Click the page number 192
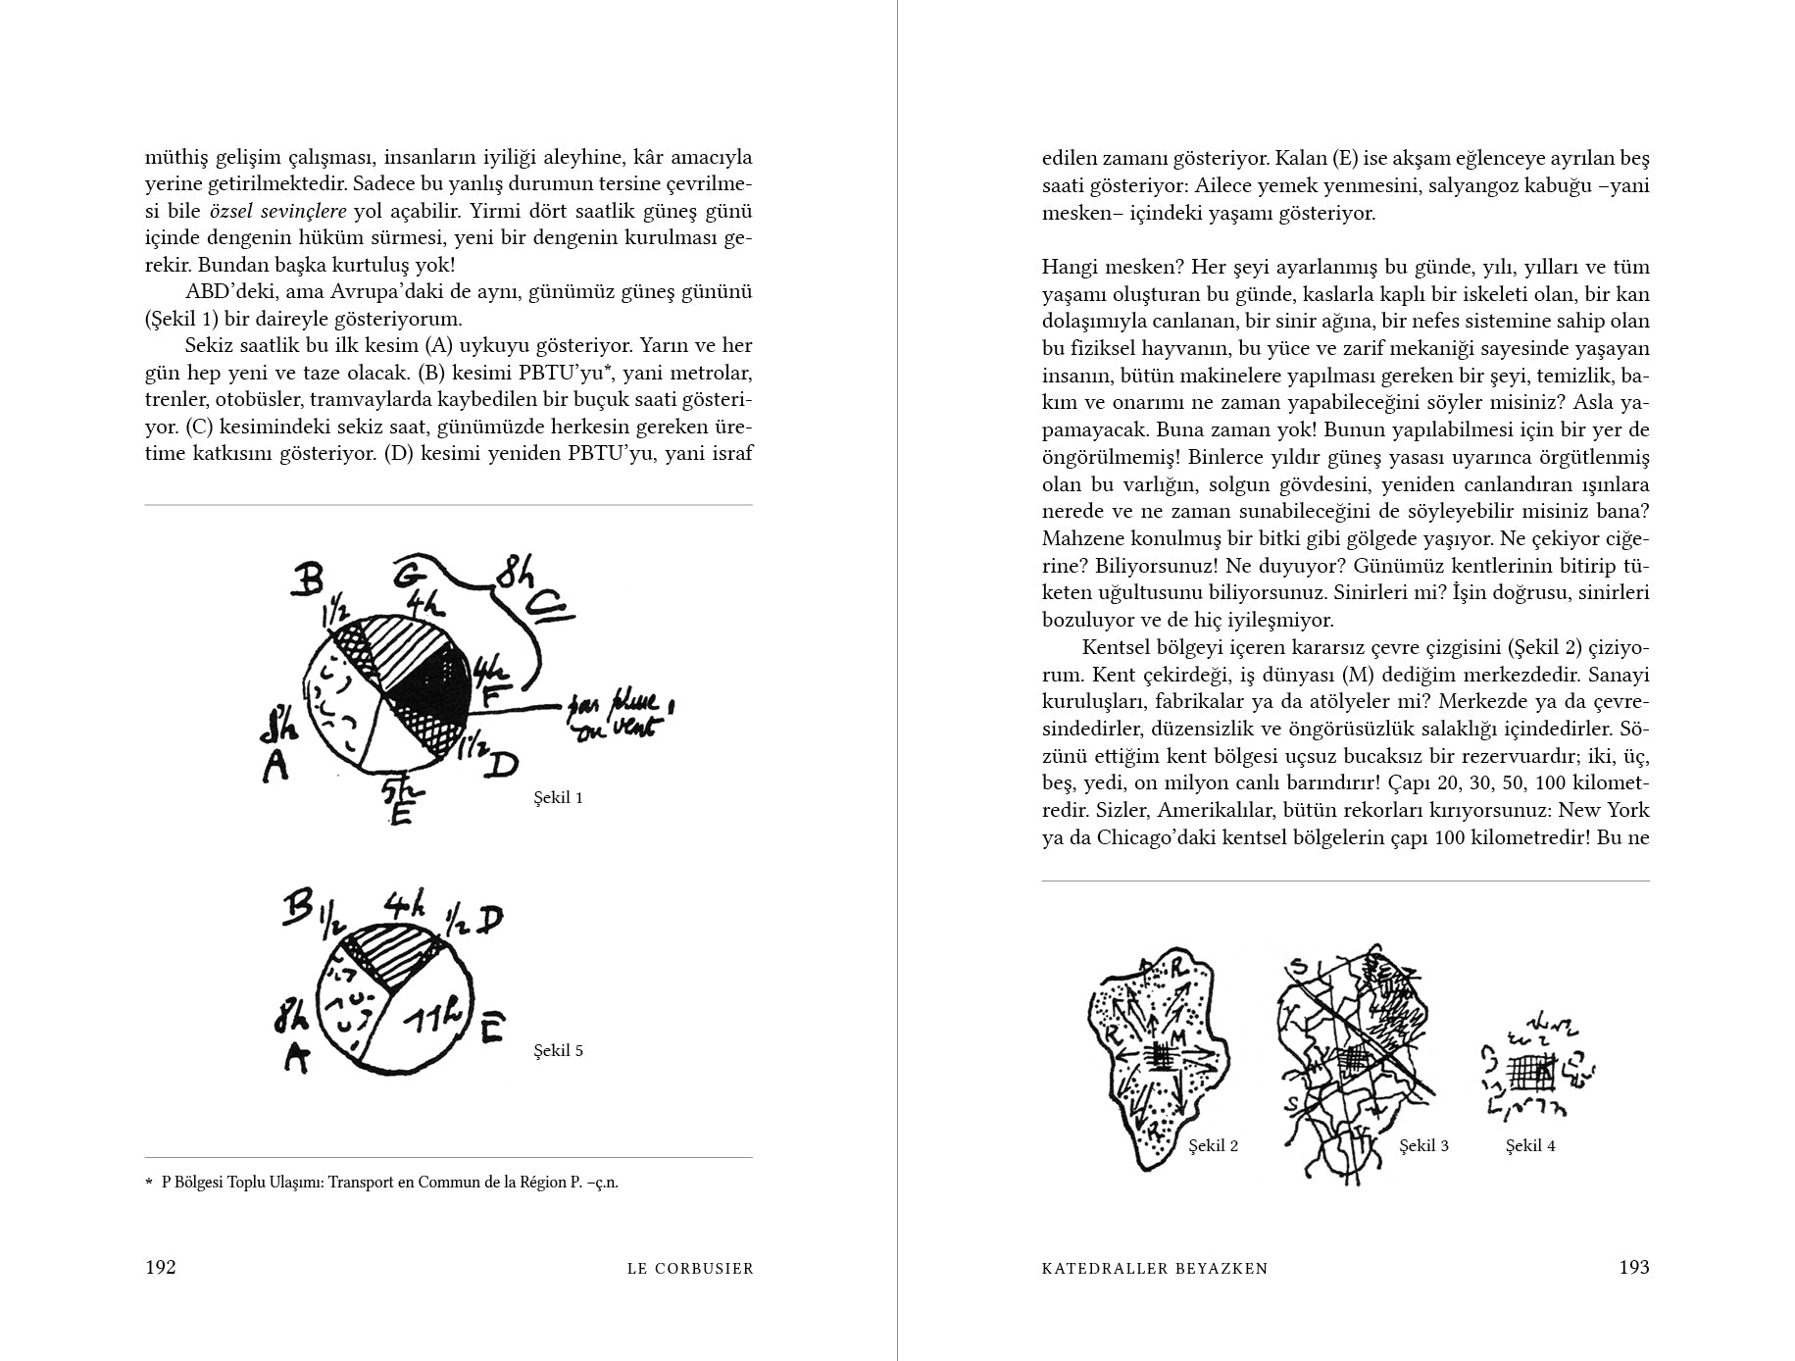click(x=161, y=1267)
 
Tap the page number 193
click(x=1633, y=1267)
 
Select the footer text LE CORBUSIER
click(x=690, y=1268)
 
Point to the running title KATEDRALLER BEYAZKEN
click(x=1155, y=1268)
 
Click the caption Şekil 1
click(x=558, y=797)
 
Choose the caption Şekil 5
click(x=558, y=1050)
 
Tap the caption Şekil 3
click(x=1423, y=1145)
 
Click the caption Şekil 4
click(x=1530, y=1145)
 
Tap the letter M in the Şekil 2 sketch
click(x=1177, y=1037)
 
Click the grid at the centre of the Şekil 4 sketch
click(x=1530, y=1073)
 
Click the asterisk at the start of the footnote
click(x=150, y=1181)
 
